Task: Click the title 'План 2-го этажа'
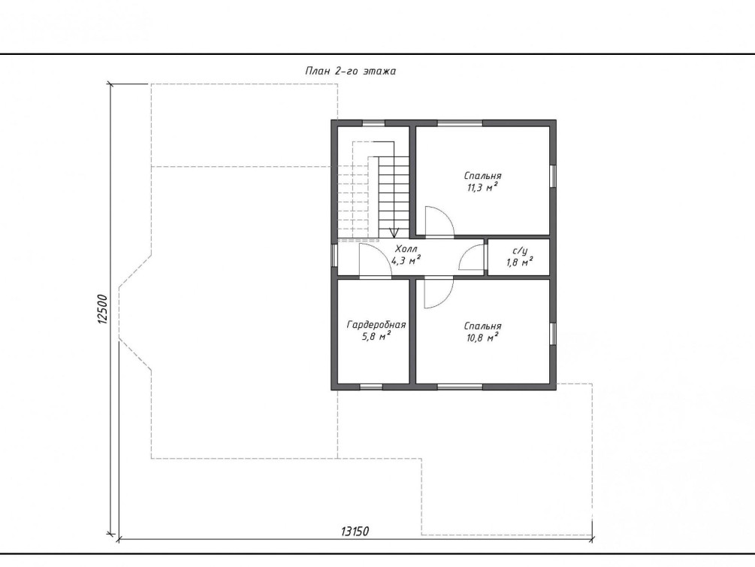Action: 351,71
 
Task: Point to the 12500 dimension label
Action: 102,309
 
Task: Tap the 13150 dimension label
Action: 355,532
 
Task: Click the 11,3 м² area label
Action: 482,187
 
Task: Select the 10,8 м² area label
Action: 482,338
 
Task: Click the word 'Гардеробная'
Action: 376,325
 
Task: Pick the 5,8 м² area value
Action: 376,337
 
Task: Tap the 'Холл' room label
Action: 406,249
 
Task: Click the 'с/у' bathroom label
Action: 520,250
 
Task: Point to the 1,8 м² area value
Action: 519,262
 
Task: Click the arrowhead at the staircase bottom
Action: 394,233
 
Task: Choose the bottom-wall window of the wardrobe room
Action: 371,387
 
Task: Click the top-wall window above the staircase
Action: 373,123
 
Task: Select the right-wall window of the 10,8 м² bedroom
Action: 553,334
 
